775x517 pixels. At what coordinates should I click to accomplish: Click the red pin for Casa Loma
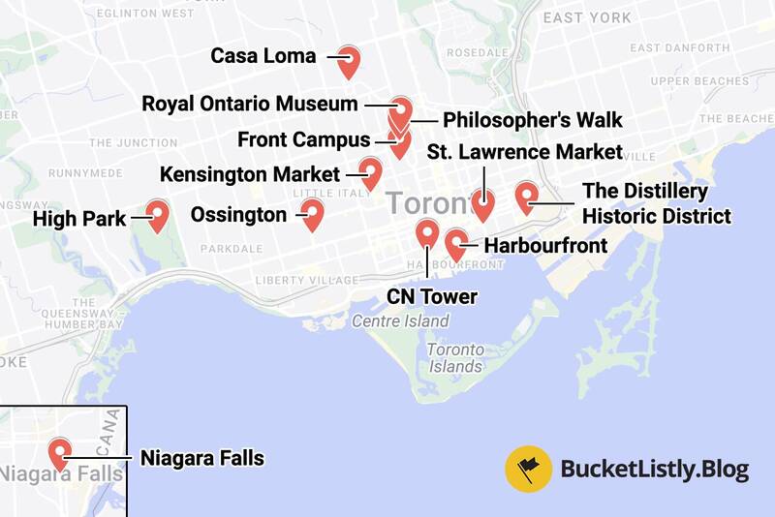click(x=350, y=61)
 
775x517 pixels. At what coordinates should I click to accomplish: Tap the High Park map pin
click(x=156, y=214)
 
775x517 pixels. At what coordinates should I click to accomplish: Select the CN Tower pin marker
click(x=426, y=233)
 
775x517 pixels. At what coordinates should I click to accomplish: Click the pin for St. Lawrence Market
click(x=482, y=203)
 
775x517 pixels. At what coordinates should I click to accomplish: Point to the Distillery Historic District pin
click(x=526, y=197)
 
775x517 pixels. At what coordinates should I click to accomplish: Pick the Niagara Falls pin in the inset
click(x=60, y=452)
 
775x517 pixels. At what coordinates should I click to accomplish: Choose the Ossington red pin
click(x=311, y=214)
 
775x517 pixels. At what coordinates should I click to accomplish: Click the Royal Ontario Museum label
click(x=250, y=104)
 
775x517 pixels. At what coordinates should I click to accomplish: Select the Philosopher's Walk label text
click(x=532, y=121)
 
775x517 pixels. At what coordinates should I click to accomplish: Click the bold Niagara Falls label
click(x=201, y=457)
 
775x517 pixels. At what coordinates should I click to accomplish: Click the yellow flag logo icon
click(x=529, y=471)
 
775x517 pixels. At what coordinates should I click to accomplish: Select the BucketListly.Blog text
click(x=655, y=471)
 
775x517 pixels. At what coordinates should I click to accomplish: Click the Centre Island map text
click(x=400, y=321)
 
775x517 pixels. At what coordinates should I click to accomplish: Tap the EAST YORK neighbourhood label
click(x=587, y=17)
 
